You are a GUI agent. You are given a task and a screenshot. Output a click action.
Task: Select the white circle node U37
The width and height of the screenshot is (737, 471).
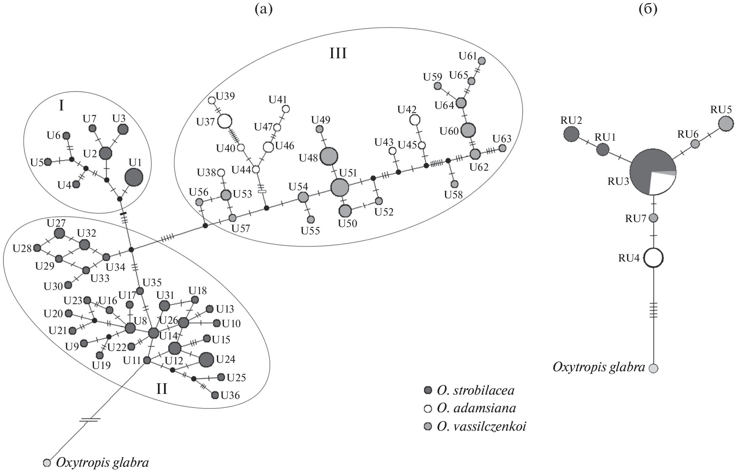click(225, 122)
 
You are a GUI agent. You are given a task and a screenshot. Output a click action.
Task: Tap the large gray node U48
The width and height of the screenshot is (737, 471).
click(329, 156)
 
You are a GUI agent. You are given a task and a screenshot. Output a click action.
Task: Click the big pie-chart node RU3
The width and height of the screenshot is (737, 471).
click(653, 171)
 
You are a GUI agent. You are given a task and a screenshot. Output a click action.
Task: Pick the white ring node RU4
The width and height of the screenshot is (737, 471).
click(653, 258)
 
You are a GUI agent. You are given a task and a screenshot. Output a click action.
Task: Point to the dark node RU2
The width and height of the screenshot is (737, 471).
click(571, 134)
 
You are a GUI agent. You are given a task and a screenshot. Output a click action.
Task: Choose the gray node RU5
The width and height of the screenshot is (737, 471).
click(726, 124)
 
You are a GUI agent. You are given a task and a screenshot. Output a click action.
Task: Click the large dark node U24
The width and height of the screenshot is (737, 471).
click(206, 359)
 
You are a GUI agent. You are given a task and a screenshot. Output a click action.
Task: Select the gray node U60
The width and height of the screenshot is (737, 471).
click(468, 130)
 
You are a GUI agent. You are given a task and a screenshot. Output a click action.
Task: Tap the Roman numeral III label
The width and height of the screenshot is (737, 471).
click(338, 54)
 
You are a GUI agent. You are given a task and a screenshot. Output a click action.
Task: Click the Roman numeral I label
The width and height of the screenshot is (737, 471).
click(61, 105)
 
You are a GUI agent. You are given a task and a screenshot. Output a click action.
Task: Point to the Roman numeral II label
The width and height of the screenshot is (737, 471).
click(161, 389)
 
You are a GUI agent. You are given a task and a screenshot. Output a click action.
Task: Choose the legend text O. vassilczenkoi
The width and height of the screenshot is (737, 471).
click(481, 426)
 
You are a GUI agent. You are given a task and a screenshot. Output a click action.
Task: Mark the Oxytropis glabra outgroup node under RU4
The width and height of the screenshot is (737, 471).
click(653, 368)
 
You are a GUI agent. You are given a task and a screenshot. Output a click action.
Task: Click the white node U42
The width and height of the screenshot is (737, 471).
click(414, 120)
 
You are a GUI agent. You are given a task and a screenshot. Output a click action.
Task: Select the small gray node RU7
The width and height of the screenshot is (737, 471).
click(653, 218)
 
